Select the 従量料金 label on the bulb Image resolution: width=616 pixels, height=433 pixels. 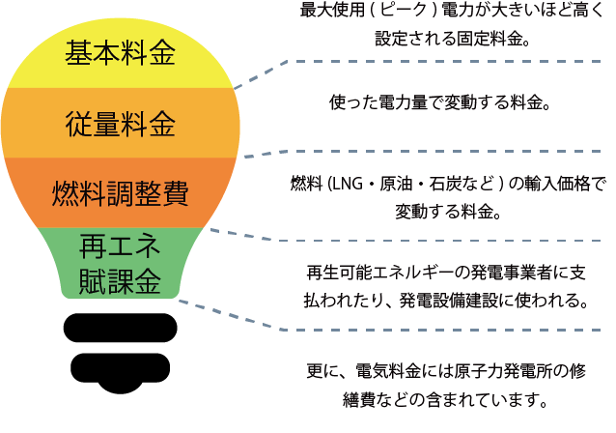[x=121, y=123]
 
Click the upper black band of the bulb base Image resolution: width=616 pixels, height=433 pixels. [x=121, y=327]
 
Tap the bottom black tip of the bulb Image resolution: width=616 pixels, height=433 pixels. [x=121, y=369]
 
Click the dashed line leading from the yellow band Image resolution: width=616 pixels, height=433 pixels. [x=406, y=62]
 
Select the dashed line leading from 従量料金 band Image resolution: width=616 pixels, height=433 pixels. [x=406, y=152]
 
